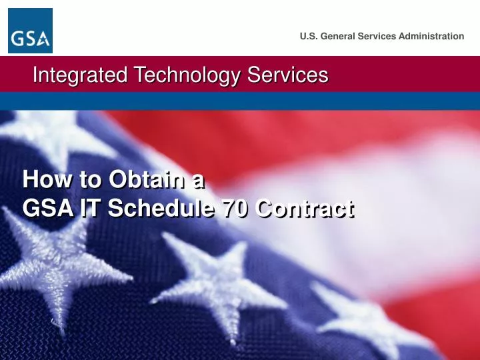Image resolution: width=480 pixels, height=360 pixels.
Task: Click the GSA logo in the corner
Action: point(30,31)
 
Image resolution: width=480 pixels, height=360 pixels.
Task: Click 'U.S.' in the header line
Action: point(309,36)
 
